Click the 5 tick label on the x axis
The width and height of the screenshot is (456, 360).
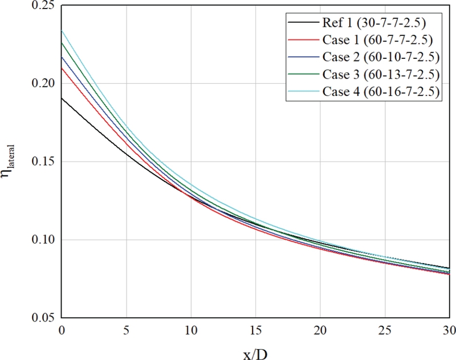pyautogui.click(x=125, y=330)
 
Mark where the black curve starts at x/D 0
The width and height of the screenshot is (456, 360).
pyautogui.click(x=61, y=98)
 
